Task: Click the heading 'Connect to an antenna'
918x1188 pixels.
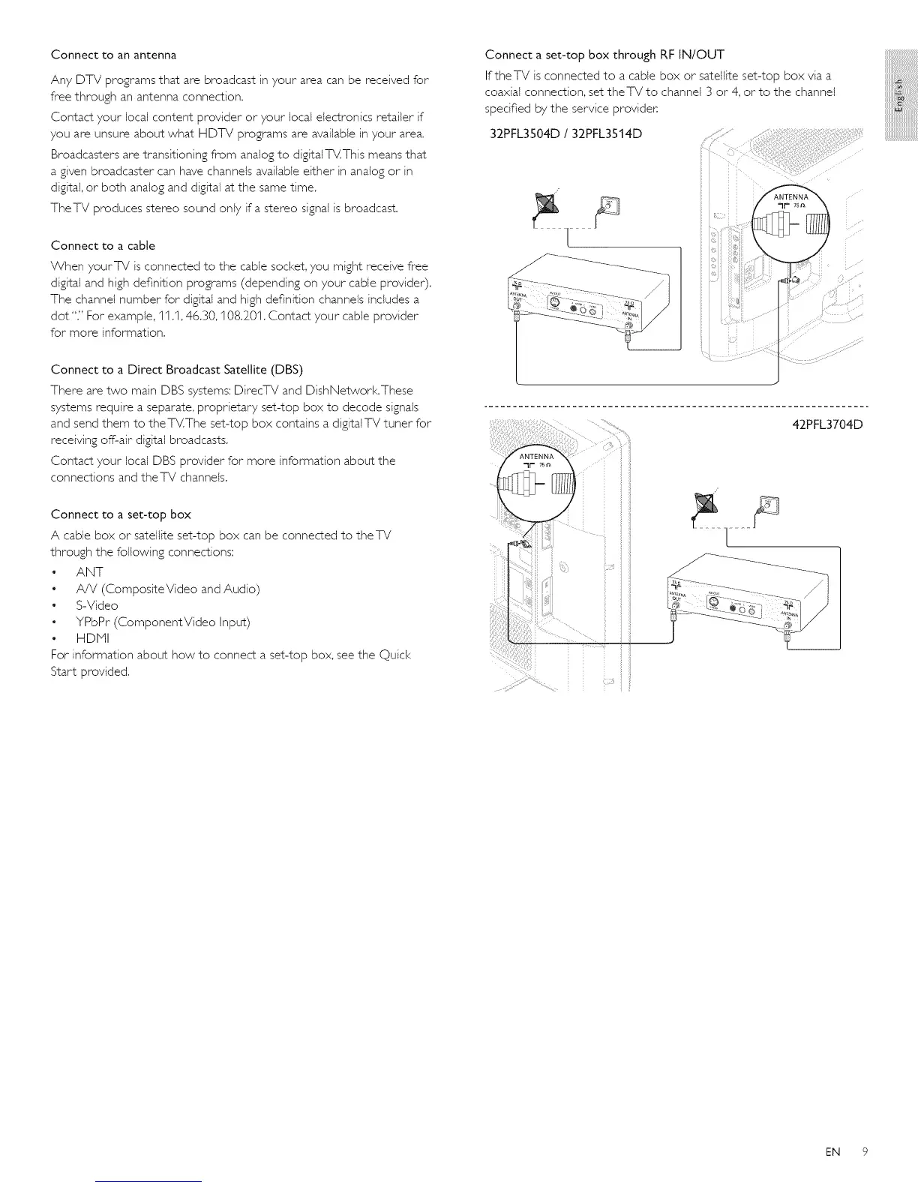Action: point(113,55)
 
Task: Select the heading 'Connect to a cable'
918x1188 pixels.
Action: point(103,245)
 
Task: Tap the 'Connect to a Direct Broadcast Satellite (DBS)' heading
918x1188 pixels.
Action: point(176,369)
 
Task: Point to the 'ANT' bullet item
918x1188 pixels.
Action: point(89,572)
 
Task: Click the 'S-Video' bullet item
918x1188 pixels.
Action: point(97,605)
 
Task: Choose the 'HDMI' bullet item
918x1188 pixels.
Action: point(92,638)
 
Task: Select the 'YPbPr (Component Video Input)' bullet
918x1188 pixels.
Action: point(163,622)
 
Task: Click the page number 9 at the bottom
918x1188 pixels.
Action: point(864,1151)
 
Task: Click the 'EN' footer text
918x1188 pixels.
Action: point(832,1151)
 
